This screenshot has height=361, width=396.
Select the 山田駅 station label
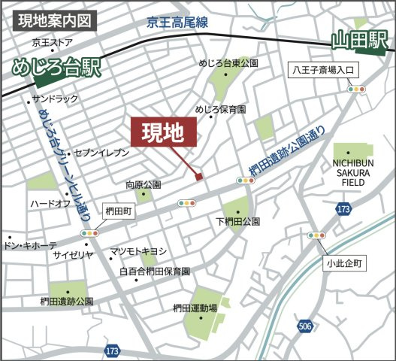362,41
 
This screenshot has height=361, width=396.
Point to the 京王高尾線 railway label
180,23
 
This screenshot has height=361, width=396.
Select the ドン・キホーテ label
30,246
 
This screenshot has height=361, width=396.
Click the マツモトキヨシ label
138,250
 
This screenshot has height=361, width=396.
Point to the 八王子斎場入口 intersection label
327,71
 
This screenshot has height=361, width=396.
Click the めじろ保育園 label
220,109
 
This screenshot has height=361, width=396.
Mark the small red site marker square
199,177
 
